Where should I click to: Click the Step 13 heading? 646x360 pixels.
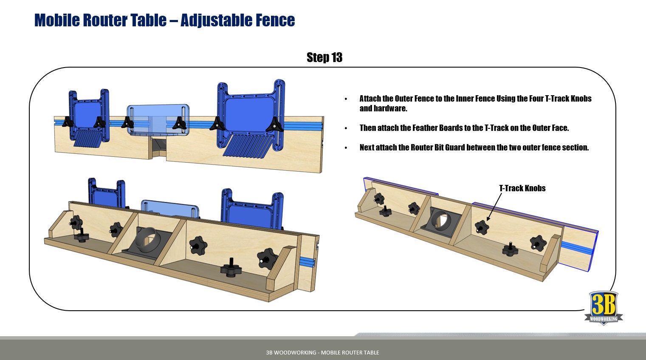[x=324, y=57]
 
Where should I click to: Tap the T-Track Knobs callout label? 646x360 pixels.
[x=522, y=188]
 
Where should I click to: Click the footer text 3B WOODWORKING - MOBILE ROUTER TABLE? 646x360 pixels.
[x=322, y=352]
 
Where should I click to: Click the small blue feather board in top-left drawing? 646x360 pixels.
[x=87, y=117]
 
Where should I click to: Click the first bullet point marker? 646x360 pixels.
[x=346, y=99]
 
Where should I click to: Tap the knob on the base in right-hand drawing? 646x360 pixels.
[x=510, y=250]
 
